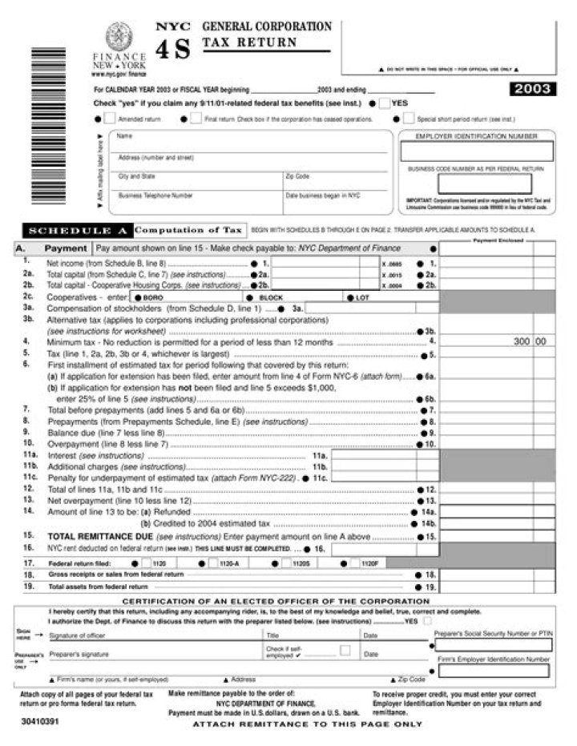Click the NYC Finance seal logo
119,37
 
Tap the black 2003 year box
531,90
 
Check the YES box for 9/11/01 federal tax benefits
385,103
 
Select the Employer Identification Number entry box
476,151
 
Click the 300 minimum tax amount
521,341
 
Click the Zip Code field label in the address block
297,175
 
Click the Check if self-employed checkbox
345,651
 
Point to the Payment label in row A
65,249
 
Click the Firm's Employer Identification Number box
493,670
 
